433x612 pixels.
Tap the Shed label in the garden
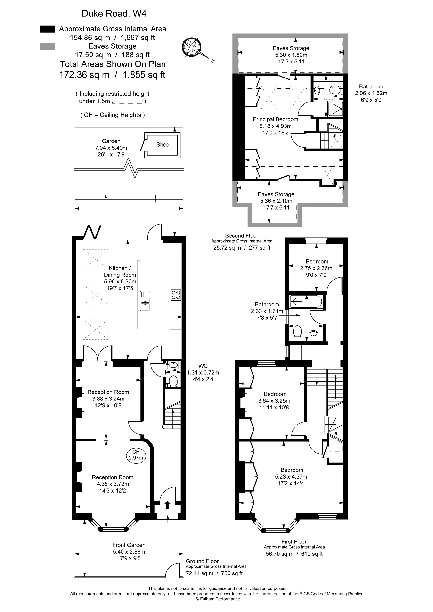(x=163, y=144)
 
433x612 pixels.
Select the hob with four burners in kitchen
(x=176, y=295)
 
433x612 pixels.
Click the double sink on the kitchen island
(x=145, y=301)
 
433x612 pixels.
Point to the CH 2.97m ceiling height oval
(x=136, y=455)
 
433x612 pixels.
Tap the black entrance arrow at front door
(x=167, y=505)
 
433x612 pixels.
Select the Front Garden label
(x=129, y=545)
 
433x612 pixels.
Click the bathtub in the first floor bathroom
(x=306, y=301)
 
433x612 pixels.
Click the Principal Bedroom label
(x=276, y=119)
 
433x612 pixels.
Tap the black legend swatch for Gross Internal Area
(x=48, y=29)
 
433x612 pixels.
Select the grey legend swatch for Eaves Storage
(x=48, y=46)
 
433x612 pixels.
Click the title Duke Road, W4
(x=114, y=14)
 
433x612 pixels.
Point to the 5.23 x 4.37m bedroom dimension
(x=291, y=477)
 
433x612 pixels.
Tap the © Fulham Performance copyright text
(x=218, y=599)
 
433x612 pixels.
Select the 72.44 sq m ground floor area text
(x=200, y=573)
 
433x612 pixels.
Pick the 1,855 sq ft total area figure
(x=144, y=75)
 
